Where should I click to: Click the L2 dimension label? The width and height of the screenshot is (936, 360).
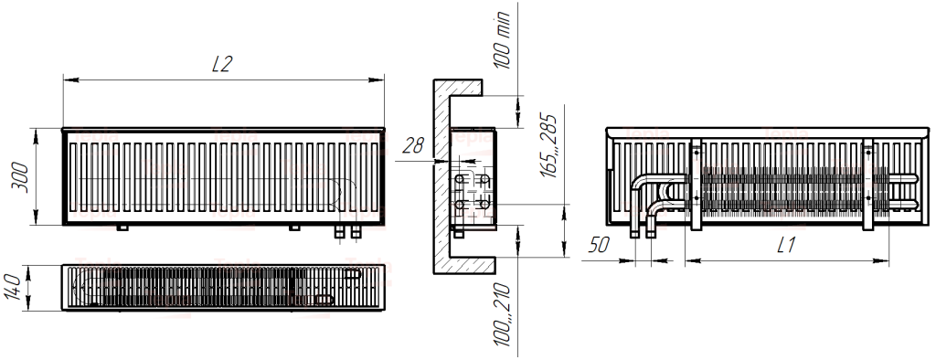click(222, 64)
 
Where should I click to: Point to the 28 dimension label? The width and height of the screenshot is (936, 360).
click(413, 145)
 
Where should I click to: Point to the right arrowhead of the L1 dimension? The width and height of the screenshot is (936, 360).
click(884, 261)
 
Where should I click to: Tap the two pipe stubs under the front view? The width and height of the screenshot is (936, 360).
click(347, 232)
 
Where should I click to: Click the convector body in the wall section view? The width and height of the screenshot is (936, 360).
click(472, 178)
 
